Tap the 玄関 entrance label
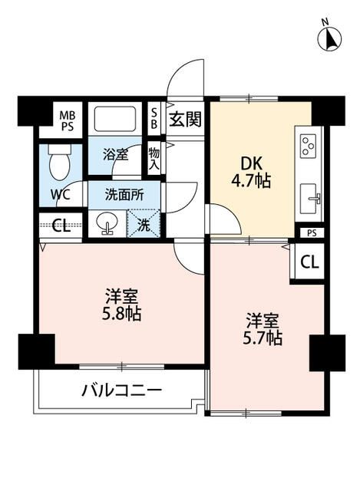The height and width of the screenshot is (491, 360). point(184,119)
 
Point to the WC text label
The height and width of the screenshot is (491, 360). point(61,194)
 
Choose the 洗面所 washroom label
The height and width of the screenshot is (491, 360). point(125,195)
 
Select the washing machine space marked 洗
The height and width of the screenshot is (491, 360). point(144,225)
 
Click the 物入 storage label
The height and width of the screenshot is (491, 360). point(154,160)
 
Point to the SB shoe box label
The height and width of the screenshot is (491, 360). point(154,119)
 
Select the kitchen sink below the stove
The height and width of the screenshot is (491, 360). point(310,199)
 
